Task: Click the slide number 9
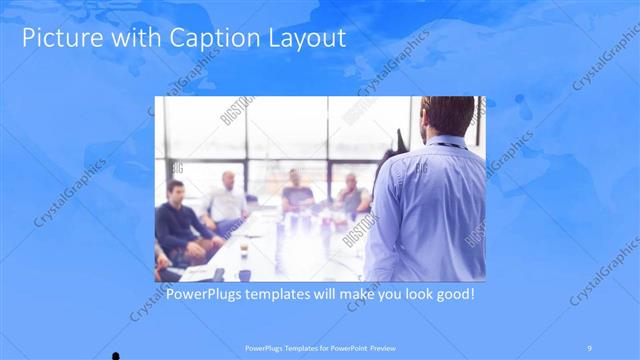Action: click(589, 349)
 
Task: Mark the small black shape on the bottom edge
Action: click(117, 355)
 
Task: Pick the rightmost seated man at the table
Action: click(352, 194)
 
